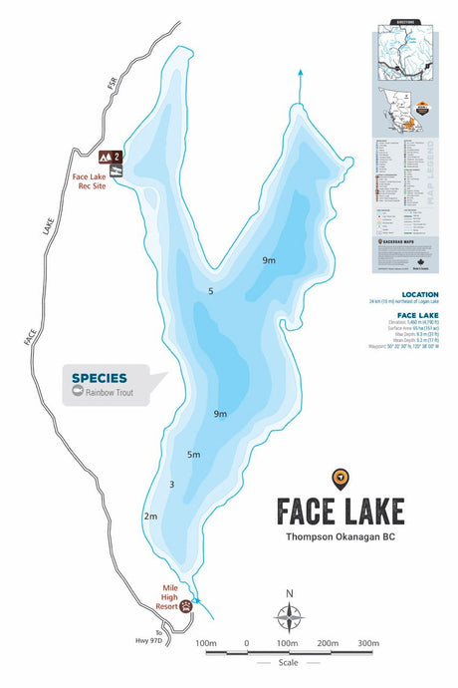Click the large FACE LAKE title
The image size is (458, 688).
coord(340,511)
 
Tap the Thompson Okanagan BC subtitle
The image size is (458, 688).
coord(340,539)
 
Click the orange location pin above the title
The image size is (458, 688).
coord(340,478)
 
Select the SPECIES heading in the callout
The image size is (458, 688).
coord(100,378)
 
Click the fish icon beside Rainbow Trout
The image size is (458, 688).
coord(78,394)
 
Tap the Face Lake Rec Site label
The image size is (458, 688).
coord(89,183)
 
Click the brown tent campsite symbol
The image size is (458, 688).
coord(106,157)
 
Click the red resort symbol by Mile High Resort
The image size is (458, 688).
coord(187,604)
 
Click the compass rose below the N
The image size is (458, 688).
coord(289,620)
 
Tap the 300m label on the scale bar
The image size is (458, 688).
coord(367,643)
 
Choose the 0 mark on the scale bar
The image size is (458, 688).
coord(246,643)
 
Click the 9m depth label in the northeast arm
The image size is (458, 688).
coord(269,260)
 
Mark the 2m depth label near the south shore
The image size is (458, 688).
coord(150,516)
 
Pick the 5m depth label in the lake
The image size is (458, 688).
coord(194,455)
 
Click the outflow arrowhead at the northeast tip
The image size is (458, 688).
coord(300,72)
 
